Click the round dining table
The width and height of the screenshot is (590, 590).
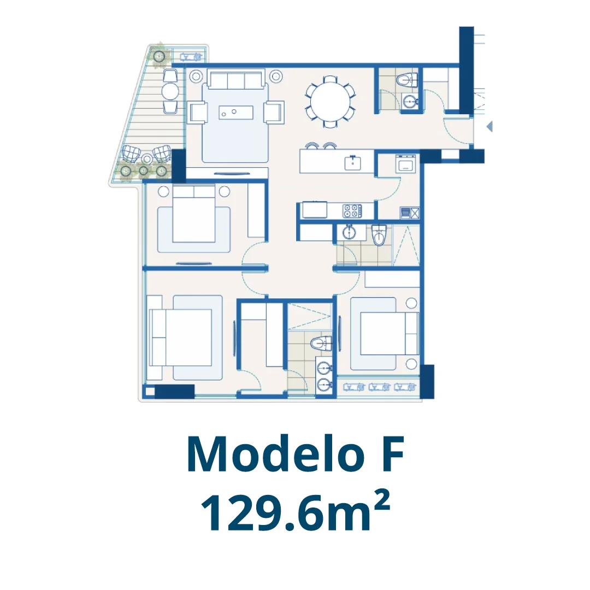point(329,102)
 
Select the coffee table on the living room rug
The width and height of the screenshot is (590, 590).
point(236,112)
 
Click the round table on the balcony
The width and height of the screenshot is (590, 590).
point(170,91)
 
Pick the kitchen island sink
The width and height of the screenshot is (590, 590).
point(353,163)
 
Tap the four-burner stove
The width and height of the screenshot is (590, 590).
point(352,211)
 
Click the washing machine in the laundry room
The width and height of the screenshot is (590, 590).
point(405,164)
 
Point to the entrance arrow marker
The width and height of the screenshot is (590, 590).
point(489,126)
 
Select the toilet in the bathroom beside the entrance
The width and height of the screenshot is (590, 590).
point(408,80)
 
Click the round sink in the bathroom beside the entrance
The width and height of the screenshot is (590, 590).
point(410,101)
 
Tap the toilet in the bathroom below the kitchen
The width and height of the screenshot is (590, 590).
point(379,234)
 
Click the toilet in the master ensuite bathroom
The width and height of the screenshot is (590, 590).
point(321,344)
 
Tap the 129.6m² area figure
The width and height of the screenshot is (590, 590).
point(295,512)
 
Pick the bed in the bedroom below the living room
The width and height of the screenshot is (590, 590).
point(194,215)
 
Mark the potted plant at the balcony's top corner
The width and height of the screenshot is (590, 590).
point(160,56)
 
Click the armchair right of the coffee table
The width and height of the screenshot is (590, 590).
point(274,112)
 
